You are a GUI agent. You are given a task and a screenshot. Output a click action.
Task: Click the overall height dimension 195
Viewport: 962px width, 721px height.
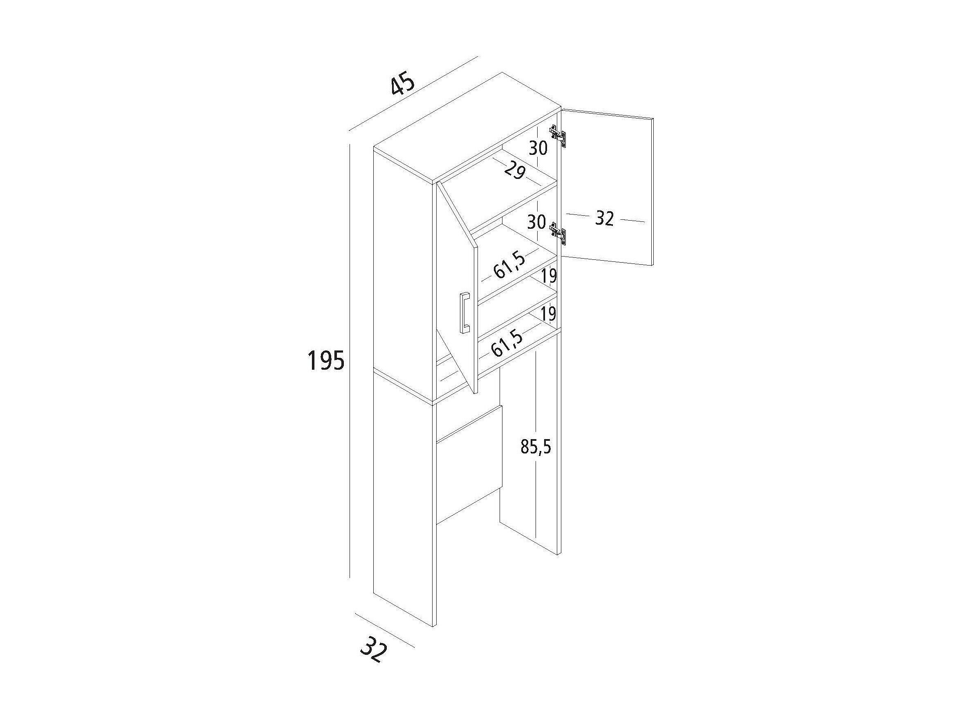pyautogui.click(x=326, y=360)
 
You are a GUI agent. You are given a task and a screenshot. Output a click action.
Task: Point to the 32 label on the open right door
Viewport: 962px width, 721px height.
pyautogui.click(x=604, y=219)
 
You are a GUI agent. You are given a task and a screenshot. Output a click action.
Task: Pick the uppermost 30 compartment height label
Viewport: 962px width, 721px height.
pyautogui.click(x=538, y=148)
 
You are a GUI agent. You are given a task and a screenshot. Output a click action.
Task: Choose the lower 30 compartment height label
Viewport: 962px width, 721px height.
pyautogui.click(x=537, y=222)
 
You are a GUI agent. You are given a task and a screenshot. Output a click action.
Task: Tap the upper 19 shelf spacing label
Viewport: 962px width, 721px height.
pyautogui.click(x=549, y=276)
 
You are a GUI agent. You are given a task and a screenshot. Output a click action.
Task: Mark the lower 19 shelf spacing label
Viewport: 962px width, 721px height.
pyautogui.click(x=549, y=313)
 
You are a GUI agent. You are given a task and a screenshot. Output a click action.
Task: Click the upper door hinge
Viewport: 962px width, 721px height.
pyautogui.click(x=558, y=135)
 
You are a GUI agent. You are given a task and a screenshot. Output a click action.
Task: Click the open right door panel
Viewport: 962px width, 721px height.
pyautogui.click(x=608, y=187)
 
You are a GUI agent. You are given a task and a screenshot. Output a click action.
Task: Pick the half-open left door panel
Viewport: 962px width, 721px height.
pyautogui.click(x=457, y=287)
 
